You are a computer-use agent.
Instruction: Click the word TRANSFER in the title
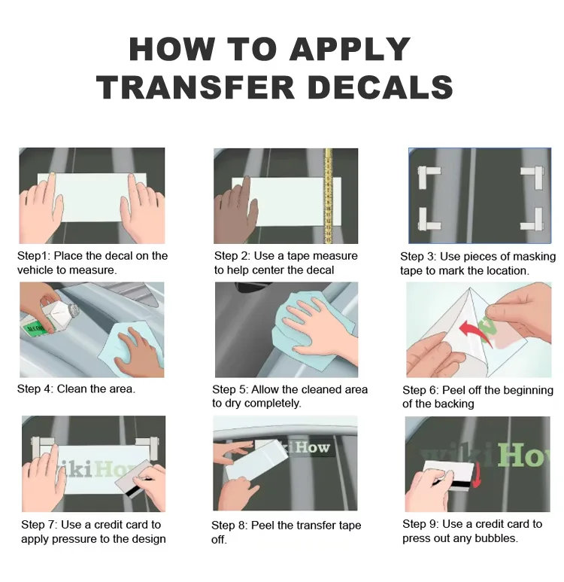(196, 87)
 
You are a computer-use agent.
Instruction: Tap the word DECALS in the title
(381, 87)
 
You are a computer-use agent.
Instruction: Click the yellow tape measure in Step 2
(328, 196)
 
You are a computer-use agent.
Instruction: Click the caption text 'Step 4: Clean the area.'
(77, 389)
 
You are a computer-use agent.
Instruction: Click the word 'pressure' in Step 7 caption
(73, 539)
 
